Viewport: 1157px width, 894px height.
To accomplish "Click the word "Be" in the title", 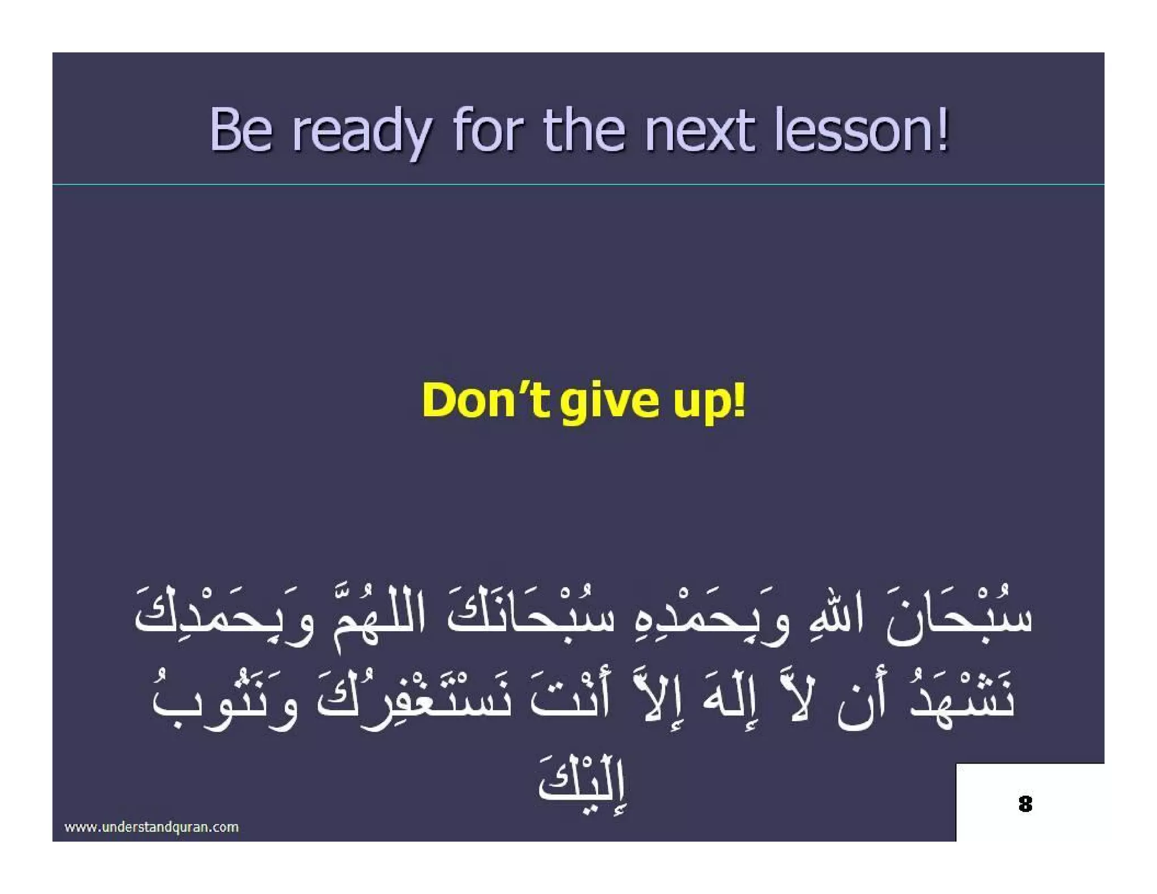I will click(x=241, y=131).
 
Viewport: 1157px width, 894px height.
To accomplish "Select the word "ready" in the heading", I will click(x=362, y=133).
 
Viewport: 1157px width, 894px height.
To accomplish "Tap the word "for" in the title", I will click(x=488, y=131).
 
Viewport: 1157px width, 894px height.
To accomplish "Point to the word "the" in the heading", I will click(x=584, y=131).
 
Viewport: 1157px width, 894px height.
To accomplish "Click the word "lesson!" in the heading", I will click(x=862, y=131).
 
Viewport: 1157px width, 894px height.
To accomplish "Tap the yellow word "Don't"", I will click(x=486, y=400).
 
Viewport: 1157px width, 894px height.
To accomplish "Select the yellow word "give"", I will click(x=610, y=402).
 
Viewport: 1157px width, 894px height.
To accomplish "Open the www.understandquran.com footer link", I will click(x=151, y=827).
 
